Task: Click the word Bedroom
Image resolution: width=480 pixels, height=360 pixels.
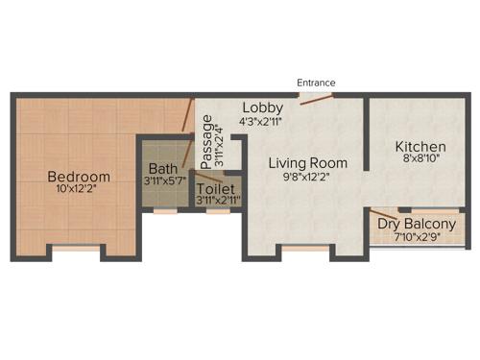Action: [79, 177]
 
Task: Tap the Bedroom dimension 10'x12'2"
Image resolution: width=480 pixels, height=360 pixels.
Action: [79, 189]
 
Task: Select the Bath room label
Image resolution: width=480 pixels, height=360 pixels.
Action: [163, 169]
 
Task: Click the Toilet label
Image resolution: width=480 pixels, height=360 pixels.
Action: [216, 189]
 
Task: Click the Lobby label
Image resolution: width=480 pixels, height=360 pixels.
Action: [262, 107]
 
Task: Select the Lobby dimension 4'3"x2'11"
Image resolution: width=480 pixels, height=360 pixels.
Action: [262, 121]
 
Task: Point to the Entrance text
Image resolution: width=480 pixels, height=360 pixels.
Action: [316, 84]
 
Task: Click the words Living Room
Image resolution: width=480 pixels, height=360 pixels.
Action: [307, 163]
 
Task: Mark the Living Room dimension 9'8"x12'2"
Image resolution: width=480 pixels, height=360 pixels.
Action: [307, 178]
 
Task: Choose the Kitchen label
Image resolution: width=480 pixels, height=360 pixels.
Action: [420, 147]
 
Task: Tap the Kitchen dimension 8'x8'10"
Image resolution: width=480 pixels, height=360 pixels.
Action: [420, 162]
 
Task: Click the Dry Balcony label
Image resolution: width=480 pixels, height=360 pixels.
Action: [416, 225]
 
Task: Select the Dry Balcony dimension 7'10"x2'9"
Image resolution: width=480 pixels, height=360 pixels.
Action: [416, 237]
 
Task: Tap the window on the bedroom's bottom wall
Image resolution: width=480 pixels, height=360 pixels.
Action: [76, 250]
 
